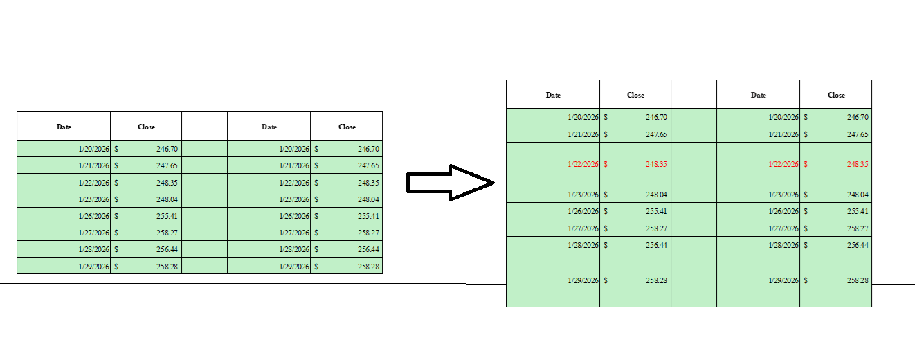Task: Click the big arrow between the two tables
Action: pos(450,183)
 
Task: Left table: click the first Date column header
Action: pos(64,127)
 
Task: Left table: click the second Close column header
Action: pos(347,127)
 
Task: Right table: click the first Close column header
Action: pos(635,96)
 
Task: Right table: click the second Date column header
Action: pos(758,96)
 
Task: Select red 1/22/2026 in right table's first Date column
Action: pos(583,164)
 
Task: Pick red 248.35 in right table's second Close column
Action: pos(858,164)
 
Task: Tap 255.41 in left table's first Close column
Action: pos(167,216)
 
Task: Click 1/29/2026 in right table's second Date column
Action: pos(783,280)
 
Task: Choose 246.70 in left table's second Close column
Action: pos(368,149)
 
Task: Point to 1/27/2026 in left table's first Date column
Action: pos(94,233)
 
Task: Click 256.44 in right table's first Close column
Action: pos(656,245)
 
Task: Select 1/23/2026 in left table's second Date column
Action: pos(294,199)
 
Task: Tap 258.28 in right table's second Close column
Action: pos(858,280)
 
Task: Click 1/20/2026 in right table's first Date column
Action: pos(583,117)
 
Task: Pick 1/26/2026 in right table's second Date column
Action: pos(783,211)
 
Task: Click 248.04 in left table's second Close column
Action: pos(368,199)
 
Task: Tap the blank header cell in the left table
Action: pos(205,126)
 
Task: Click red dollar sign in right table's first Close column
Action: pos(606,164)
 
